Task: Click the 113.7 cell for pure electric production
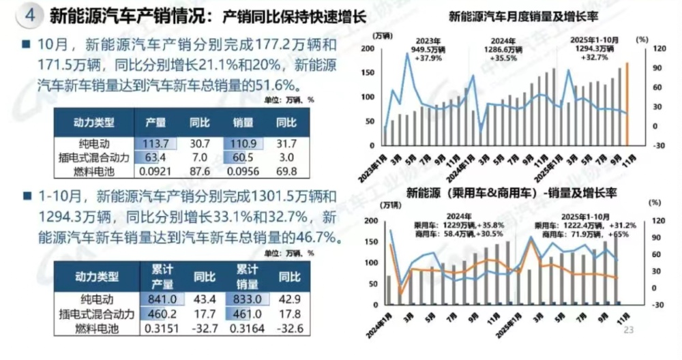click(155, 144)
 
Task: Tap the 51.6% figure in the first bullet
click(280, 84)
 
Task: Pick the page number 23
click(628, 330)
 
